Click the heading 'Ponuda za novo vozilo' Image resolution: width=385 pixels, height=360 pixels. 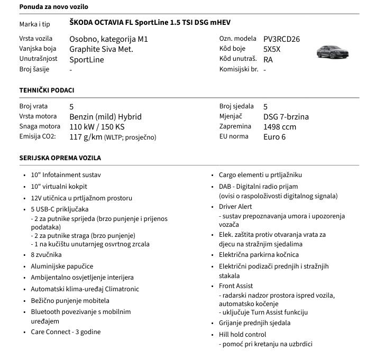click(53, 7)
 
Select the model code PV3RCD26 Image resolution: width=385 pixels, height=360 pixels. click(281, 39)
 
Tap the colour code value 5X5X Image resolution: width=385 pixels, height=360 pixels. click(272, 49)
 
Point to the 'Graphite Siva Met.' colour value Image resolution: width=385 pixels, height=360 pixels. click(101, 49)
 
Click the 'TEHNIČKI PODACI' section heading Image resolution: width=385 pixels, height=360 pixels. click(47, 90)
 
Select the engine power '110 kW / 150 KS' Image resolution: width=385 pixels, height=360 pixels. click(97, 127)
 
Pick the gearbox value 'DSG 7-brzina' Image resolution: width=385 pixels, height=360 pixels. click(286, 117)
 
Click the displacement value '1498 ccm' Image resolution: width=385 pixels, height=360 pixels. click(280, 127)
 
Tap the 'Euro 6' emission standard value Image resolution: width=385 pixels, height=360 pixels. click(274, 137)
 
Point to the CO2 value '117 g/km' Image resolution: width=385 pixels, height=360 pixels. click(86, 137)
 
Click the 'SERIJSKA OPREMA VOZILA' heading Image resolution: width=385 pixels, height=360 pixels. click(60, 158)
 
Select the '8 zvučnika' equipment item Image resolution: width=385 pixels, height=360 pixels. click(46, 255)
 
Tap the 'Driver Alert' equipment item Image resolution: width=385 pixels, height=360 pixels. click(235, 207)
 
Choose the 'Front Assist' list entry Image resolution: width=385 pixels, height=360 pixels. click(236, 286)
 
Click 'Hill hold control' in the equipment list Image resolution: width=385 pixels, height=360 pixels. click(242, 335)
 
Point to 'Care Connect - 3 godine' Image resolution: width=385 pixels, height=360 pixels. click(66, 332)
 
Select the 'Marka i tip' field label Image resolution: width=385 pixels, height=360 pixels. click(34, 24)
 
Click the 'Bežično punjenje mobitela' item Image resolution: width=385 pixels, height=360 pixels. click(70, 301)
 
